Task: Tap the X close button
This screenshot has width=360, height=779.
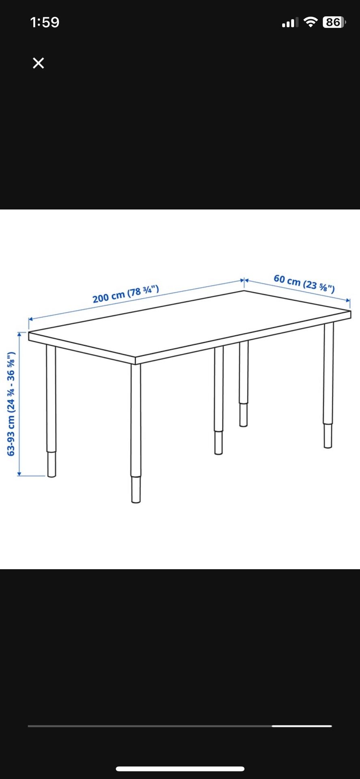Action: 38,63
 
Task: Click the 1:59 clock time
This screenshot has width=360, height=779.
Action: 45,22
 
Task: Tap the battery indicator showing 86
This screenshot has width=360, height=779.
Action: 334,22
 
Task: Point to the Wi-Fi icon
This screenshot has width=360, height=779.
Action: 310,22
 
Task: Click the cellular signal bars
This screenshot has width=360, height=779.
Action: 290,22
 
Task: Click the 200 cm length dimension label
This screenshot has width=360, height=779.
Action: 126,294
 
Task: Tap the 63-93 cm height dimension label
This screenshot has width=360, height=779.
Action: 11,404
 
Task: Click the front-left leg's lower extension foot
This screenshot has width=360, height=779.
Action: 52,464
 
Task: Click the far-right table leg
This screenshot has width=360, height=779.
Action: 328,385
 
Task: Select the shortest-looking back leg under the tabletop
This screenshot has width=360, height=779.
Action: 244,384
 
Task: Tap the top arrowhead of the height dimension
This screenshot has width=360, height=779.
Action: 19,334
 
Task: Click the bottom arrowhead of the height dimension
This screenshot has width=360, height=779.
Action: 19,473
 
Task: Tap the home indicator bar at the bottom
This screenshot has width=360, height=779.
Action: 180,768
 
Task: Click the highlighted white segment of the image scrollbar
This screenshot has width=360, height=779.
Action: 302,726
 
